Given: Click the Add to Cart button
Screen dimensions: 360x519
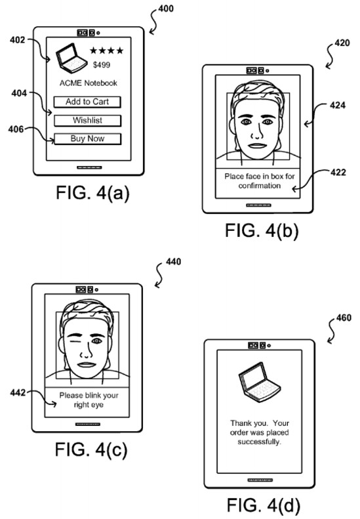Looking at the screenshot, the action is coord(87,102).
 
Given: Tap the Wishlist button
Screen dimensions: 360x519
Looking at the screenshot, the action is coord(87,120).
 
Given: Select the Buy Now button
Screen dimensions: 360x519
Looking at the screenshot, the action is coord(87,138).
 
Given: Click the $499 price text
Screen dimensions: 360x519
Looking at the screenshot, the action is coord(102,65).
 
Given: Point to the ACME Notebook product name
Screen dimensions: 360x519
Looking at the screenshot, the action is coord(89,83).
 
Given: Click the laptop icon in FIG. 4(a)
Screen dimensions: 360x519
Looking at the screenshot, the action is coord(71,58).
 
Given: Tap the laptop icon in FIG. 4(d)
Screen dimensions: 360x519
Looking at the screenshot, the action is coord(260,382).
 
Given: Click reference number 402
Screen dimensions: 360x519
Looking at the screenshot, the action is coord(17,40).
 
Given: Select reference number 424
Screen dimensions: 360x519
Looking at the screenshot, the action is coord(338,105).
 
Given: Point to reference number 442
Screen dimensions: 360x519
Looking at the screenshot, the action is coord(18,392).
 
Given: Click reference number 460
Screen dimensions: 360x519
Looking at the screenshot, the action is coord(344,318).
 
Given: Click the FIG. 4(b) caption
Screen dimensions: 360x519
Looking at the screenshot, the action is coord(262,230).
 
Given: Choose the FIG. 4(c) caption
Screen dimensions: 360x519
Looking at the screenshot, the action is coord(91,449).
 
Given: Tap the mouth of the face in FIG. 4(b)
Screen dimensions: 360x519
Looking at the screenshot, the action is coord(258,145).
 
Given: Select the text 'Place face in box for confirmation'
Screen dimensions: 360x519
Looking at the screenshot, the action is coord(260,181).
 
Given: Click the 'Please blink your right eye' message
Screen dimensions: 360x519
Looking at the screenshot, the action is coord(89,400).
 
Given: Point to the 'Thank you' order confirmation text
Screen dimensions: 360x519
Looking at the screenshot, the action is coord(260,432).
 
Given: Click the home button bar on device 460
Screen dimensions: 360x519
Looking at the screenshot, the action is coord(260,480).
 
